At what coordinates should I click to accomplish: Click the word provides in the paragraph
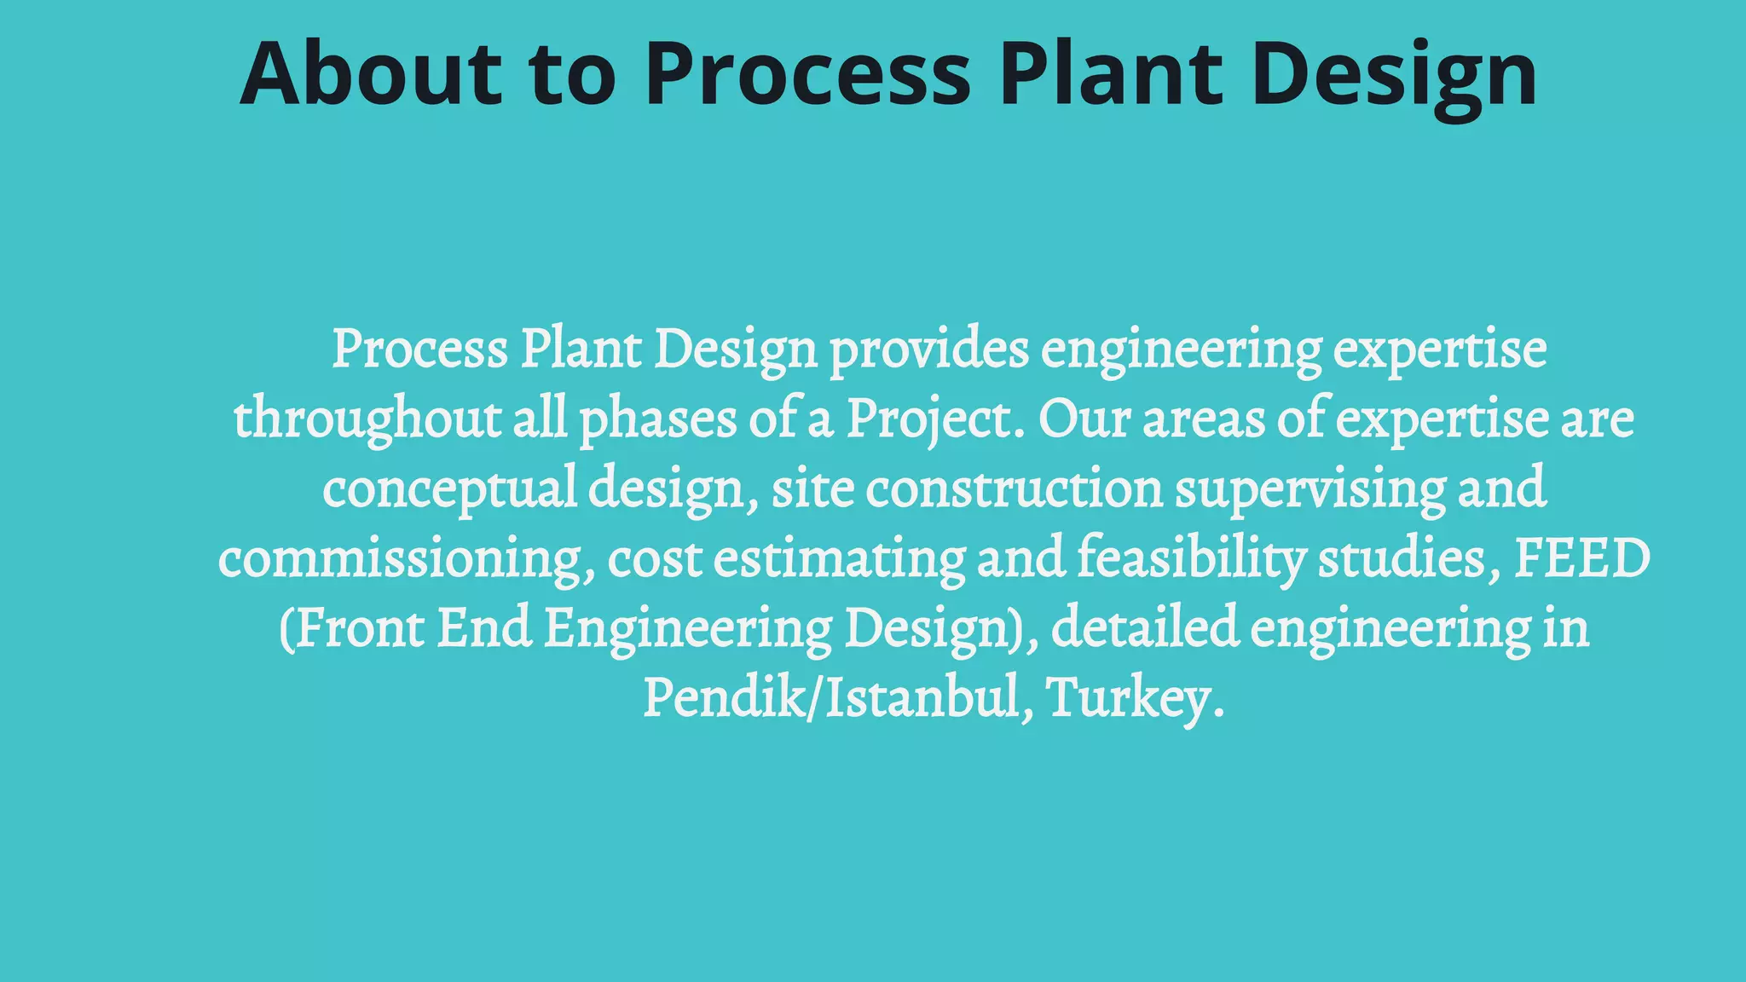(x=929, y=349)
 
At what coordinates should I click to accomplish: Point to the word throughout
(x=367, y=419)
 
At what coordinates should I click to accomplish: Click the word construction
(x=1015, y=489)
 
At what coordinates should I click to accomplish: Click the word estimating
(x=839, y=559)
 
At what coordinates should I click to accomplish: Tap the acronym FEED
(x=1582, y=559)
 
